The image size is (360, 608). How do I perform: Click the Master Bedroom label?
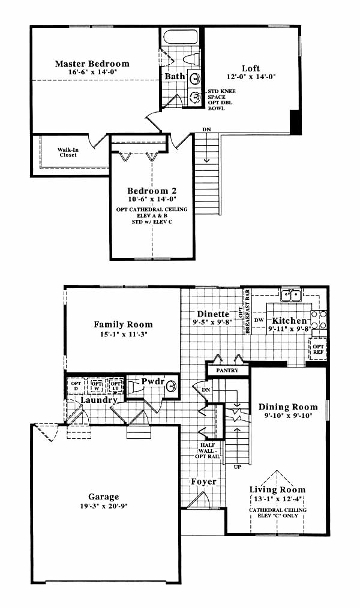coord(92,64)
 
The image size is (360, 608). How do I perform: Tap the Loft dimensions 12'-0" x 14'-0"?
coord(251,76)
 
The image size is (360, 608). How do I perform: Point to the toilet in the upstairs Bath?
coord(191,59)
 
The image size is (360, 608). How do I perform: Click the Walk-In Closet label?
coord(68,152)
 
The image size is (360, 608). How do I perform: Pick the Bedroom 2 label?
coord(152,191)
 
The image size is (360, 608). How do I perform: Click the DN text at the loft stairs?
coord(206,129)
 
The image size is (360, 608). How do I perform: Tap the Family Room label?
coord(124,324)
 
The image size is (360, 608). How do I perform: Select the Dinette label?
coord(213,314)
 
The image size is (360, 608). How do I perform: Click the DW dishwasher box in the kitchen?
coord(259,321)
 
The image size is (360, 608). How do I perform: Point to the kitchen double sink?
coord(291,296)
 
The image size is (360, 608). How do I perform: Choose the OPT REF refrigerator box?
coord(318,348)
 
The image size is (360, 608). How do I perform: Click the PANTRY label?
coord(227,371)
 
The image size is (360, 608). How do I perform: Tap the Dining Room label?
coord(288,407)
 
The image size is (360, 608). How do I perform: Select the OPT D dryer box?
coord(76,386)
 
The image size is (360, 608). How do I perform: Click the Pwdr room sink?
coord(172,386)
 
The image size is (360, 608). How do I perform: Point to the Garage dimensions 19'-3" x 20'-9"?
coord(104,505)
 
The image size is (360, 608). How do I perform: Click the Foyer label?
coord(203,482)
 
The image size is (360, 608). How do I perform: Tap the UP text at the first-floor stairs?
coord(238,467)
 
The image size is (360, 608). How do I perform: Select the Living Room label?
coord(277,489)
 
